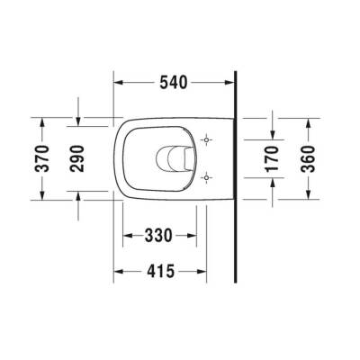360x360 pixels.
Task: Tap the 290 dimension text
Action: pyautogui.click(x=79, y=159)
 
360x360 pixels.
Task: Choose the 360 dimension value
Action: pyautogui.click(x=309, y=159)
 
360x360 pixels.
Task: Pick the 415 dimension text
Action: pyautogui.click(x=158, y=269)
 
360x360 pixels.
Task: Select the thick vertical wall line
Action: pyautogui.click(x=235, y=180)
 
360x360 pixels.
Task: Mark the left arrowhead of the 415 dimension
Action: pyautogui.click(x=120, y=269)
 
